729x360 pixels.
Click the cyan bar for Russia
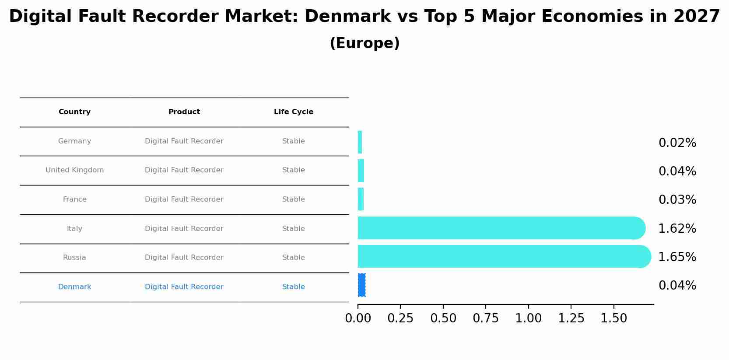(503, 256)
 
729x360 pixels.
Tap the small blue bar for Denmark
(361, 285)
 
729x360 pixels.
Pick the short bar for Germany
(360, 142)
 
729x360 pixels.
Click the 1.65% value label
(677, 257)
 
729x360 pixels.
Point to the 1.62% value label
(677, 229)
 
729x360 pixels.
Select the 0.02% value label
(677, 143)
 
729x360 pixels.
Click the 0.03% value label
(677, 200)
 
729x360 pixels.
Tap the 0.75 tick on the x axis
(486, 318)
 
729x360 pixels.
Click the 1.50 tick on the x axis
(614, 318)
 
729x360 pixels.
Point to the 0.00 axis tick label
(358, 318)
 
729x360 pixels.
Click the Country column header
(74, 112)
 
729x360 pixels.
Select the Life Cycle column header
(294, 112)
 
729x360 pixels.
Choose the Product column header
(184, 112)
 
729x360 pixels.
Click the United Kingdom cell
(74, 170)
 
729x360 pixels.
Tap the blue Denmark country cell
(74, 287)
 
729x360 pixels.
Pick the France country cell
(74, 199)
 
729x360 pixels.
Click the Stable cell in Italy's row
(294, 229)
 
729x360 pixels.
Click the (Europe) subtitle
(364, 43)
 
